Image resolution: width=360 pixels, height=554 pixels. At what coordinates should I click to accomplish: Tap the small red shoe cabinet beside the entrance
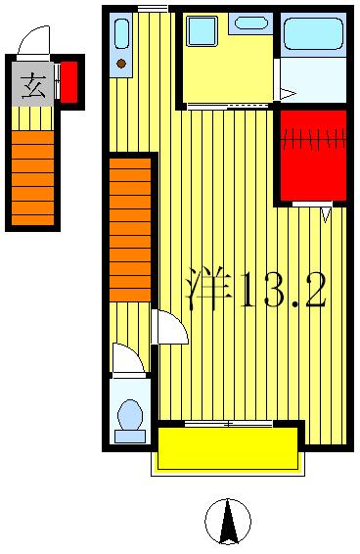69,81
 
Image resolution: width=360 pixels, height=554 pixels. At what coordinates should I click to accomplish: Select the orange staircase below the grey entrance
33,176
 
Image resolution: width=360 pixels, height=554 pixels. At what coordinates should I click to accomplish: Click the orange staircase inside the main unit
130,230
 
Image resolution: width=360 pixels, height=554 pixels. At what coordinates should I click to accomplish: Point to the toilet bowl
129,417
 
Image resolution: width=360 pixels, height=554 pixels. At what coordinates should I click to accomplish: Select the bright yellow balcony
228,449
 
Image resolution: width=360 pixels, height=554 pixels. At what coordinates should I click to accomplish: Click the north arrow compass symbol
228,521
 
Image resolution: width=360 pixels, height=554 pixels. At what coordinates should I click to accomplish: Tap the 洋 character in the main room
208,290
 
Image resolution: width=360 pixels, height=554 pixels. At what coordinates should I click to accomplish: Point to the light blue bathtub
313,34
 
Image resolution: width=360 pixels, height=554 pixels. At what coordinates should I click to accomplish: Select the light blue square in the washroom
202,32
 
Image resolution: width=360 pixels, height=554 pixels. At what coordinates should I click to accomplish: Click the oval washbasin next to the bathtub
251,23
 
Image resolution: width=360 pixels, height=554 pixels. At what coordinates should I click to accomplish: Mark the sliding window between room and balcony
228,423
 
